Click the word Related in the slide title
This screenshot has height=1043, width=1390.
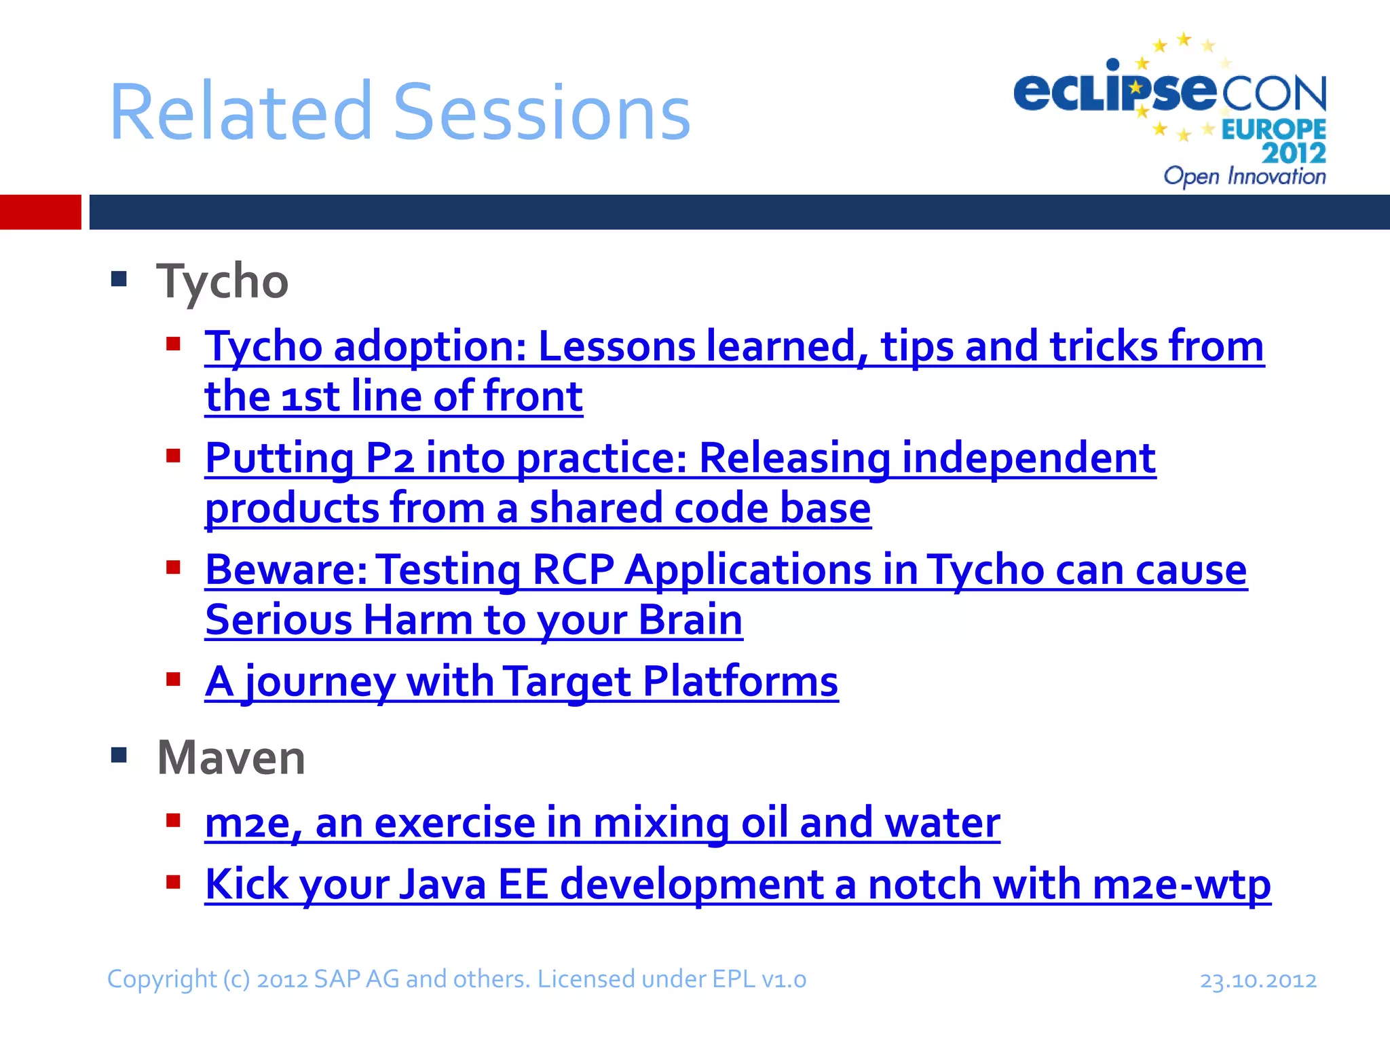tap(241, 113)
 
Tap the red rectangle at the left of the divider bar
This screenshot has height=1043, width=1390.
tap(40, 212)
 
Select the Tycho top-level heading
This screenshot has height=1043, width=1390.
tap(223, 281)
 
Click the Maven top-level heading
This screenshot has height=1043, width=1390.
tap(231, 758)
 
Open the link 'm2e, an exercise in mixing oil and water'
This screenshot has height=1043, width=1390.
tap(602, 823)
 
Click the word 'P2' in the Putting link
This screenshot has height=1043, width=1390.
tap(389, 458)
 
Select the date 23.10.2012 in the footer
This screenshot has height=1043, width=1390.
tap(1258, 981)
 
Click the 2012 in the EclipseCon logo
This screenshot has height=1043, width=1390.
tap(1294, 153)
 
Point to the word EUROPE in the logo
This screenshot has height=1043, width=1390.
tap(1273, 129)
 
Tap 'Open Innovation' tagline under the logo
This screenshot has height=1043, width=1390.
tap(1244, 177)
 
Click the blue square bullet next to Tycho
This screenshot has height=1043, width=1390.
tap(119, 279)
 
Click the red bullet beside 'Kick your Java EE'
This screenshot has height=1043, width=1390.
tap(174, 882)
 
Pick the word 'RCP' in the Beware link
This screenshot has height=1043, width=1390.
tap(573, 570)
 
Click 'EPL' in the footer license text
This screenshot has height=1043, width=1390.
tap(733, 980)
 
